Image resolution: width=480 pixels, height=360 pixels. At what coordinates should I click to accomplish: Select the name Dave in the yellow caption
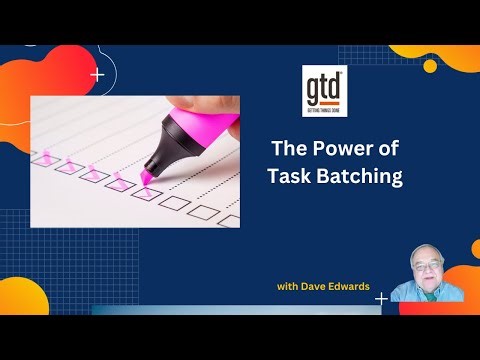[319, 287]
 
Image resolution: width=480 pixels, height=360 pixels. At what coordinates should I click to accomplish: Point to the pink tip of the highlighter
[146, 176]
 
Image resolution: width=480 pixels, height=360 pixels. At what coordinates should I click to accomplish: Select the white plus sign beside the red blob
[96, 74]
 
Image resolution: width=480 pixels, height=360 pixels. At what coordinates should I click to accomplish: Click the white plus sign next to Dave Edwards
[381, 298]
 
